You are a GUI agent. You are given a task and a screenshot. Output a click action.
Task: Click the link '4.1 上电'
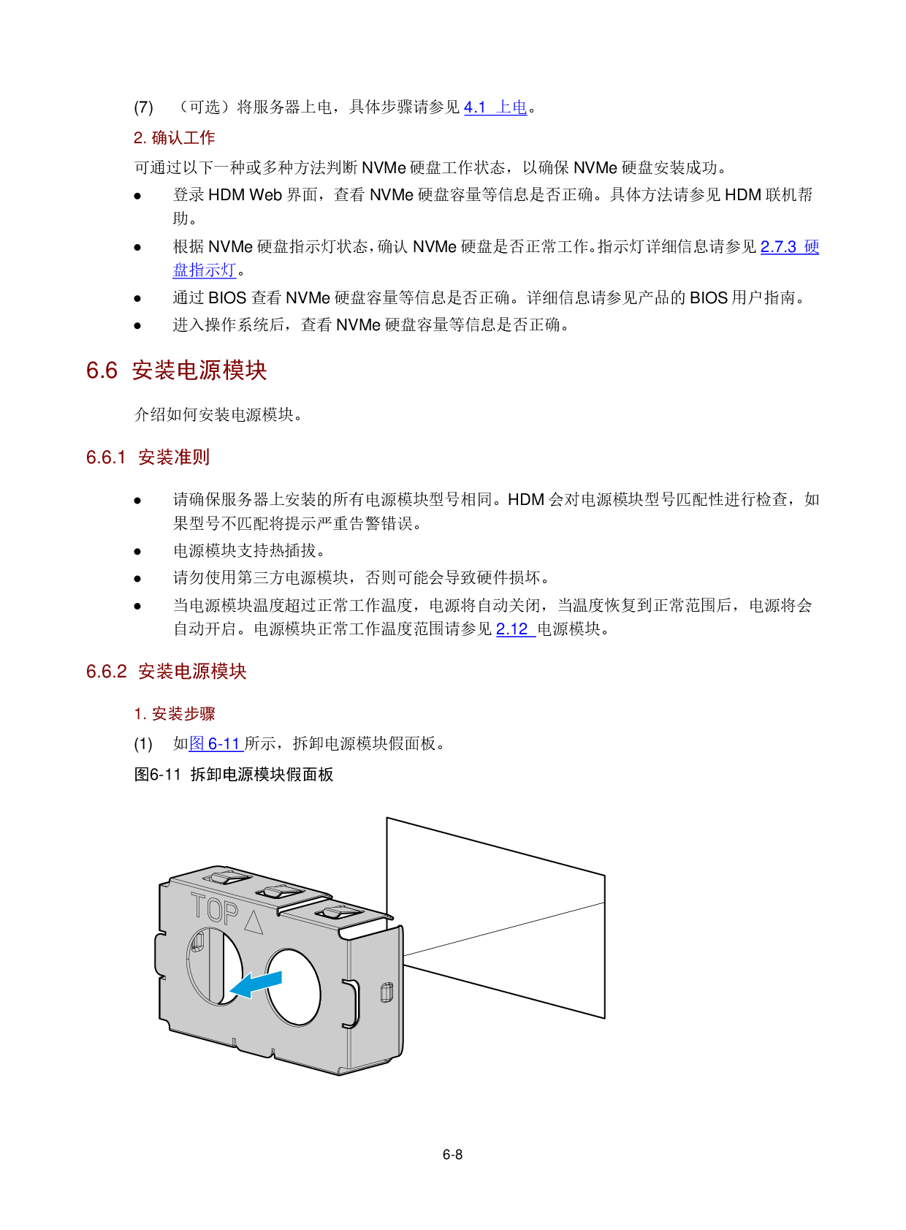pyautogui.click(x=495, y=107)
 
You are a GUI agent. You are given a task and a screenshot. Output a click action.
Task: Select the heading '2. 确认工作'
pyautogui.click(x=174, y=137)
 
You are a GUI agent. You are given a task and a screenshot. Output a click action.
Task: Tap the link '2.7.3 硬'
pyautogui.click(x=790, y=247)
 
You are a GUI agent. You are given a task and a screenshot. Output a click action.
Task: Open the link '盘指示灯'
pyautogui.click(x=204, y=270)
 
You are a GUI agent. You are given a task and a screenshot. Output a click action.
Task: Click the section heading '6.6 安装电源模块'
pyautogui.click(x=177, y=371)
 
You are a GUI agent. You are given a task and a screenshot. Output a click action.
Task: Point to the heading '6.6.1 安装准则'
pyautogui.click(x=148, y=458)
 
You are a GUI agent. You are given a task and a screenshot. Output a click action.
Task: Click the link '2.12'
pyautogui.click(x=515, y=629)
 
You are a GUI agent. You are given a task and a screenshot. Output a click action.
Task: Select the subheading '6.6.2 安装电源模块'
pyautogui.click(x=167, y=672)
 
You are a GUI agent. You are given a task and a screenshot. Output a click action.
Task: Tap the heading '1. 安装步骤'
pyautogui.click(x=175, y=714)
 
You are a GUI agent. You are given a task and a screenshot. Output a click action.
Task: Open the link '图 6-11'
pyautogui.click(x=216, y=744)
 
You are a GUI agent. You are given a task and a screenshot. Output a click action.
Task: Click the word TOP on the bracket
pyautogui.click(x=214, y=910)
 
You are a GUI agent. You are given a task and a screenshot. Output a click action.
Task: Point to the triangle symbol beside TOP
pyautogui.click(x=254, y=922)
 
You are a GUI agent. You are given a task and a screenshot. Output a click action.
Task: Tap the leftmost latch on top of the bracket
pyautogui.click(x=226, y=877)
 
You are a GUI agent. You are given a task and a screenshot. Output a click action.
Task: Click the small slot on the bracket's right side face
pyautogui.click(x=387, y=992)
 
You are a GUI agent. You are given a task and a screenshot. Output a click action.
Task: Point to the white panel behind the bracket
pyautogui.click(x=504, y=914)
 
